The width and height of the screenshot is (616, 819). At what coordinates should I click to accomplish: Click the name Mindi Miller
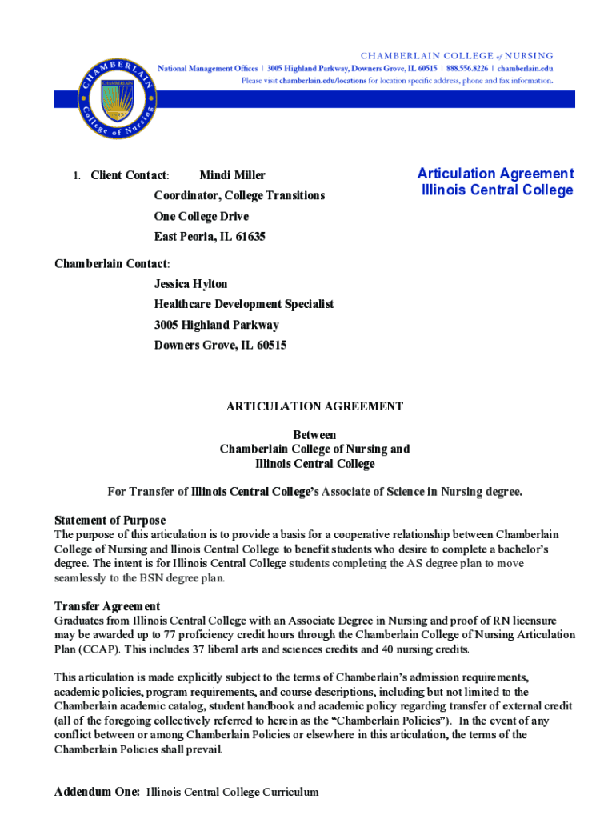[232, 175]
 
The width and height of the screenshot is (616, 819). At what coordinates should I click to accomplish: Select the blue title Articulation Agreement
[496, 174]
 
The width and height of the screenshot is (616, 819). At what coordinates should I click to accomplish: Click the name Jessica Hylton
[190, 284]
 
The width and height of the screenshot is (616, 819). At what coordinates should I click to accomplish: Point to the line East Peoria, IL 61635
[210, 237]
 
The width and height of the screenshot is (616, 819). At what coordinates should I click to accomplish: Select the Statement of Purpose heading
[110, 520]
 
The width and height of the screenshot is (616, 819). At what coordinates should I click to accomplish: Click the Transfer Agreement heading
[107, 606]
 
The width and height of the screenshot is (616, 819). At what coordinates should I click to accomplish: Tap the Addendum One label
[97, 792]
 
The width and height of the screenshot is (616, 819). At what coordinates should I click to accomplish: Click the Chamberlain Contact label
[111, 263]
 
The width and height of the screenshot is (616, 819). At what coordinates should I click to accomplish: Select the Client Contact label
[129, 175]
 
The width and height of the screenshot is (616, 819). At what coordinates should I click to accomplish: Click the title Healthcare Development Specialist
[243, 304]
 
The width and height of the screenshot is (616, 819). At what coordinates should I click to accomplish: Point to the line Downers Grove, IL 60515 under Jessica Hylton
[220, 346]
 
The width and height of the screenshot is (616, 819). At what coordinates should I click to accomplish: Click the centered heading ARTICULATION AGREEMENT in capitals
[314, 406]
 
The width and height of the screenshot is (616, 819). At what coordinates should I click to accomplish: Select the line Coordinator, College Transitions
[239, 196]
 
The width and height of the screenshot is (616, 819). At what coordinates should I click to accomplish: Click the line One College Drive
[202, 217]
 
